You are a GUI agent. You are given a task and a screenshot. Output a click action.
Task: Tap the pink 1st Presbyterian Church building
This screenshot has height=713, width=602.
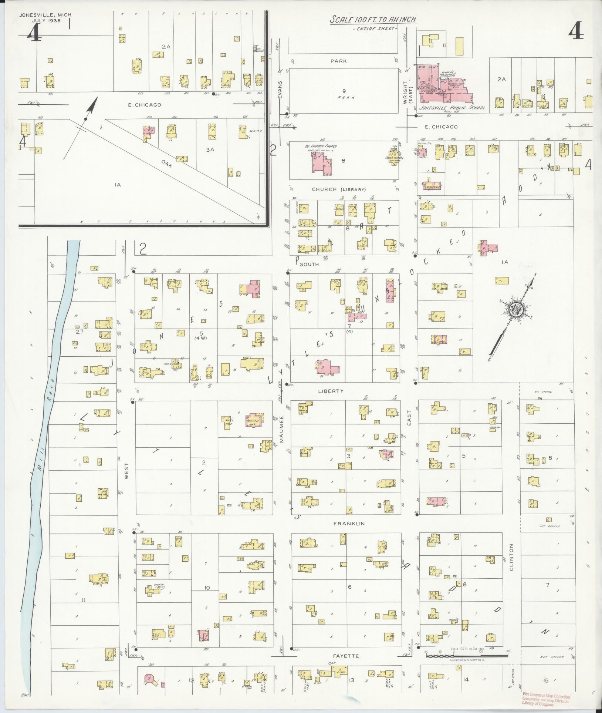tap(321, 162)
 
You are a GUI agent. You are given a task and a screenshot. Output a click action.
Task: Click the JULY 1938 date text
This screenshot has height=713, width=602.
tap(46, 21)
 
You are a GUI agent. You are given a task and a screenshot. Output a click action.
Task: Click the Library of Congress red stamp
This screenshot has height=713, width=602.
tap(546, 699)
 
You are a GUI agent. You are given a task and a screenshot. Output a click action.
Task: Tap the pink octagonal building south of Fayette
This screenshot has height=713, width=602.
tap(150, 678)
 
